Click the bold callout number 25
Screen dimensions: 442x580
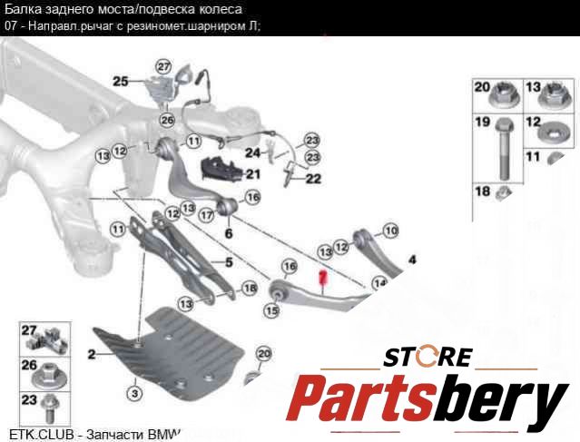(x=121, y=82)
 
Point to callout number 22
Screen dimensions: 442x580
(x=313, y=179)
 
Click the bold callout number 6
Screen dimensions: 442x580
(x=229, y=234)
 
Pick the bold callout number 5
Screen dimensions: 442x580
(x=229, y=263)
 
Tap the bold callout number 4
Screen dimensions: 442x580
(x=412, y=260)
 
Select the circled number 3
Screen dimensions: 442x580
(x=133, y=394)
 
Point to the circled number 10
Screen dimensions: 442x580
(x=390, y=231)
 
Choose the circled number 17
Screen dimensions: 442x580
(x=207, y=215)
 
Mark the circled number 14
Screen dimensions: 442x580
(x=379, y=282)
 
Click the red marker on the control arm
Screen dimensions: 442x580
(x=322, y=280)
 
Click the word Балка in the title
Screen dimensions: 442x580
(x=23, y=9)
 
